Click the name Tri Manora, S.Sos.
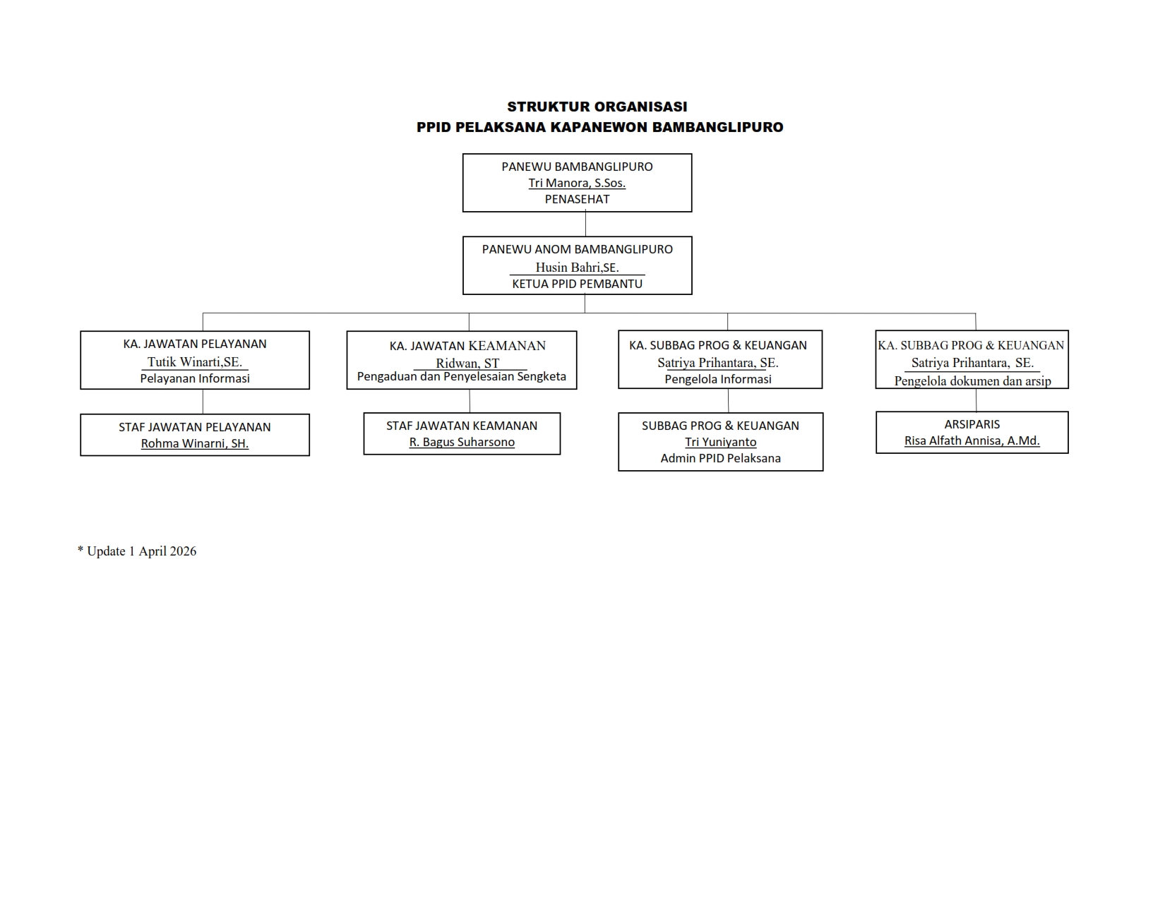pyautogui.click(x=577, y=183)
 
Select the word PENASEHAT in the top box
pyautogui.click(x=577, y=199)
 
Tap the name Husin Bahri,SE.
pyautogui.click(x=577, y=267)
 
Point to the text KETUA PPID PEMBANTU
pyautogui.click(x=577, y=284)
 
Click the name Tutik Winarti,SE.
pyautogui.click(x=195, y=362)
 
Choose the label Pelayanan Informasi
pyautogui.click(x=195, y=378)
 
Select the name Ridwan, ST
pyautogui.click(x=467, y=363)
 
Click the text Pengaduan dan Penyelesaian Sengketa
pyautogui.click(x=462, y=376)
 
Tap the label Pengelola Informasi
pyautogui.click(x=718, y=379)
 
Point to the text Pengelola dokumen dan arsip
pyautogui.click(x=972, y=381)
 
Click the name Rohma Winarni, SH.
pyautogui.click(x=195, y=443)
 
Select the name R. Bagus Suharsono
pyautogui.click(x=462, y=442)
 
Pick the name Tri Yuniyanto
pyautogui.click(x=721, y=442)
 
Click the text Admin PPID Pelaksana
pyautogui.click(x=721, y=458)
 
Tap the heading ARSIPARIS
pyautogui.click(x=972, y=424)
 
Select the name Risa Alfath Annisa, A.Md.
pyautogui.click(x=972, y=440)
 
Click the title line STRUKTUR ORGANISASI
pyautogui.click(x=597, y=107)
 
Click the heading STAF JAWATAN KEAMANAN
pyautogui.click(x=462, y=426)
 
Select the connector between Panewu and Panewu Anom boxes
pyautogui.click(x=585, y=224)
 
